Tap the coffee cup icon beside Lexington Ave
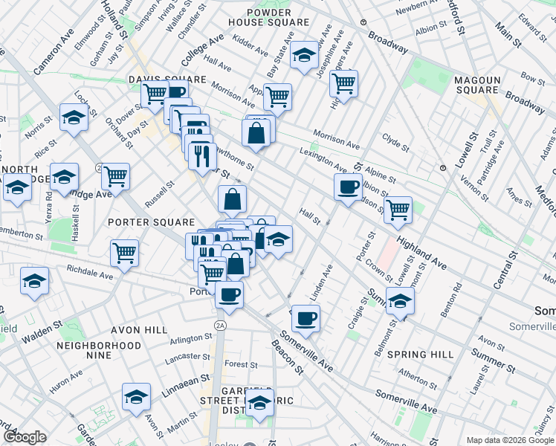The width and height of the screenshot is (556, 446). click(x=347, y=187)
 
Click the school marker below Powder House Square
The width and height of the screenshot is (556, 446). click(x=303, y=55)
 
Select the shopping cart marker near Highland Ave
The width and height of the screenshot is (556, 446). click(x=398, y=209)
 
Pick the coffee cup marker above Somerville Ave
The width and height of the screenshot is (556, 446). click(x=305, y=318)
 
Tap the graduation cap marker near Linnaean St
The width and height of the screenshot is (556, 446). click(x=136, y=397)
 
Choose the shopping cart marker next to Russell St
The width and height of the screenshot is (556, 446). click(x=115, y=175)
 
